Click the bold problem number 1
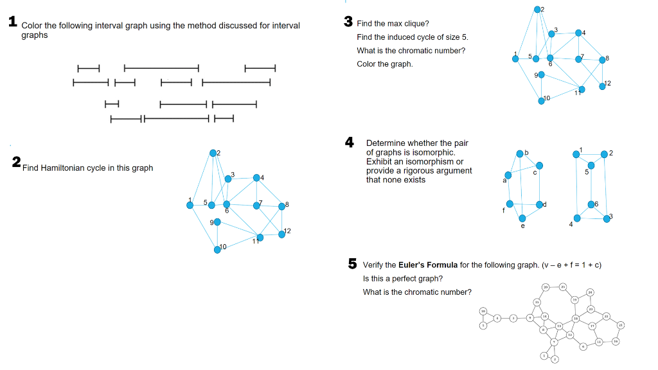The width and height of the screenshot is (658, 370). click(12, 21)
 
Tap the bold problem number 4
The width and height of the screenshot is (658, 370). click(350, 142)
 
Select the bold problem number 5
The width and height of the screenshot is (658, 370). click(352, 263)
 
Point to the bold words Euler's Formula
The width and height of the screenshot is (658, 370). click(428, 265)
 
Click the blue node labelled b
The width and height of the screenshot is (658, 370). click(520, 153)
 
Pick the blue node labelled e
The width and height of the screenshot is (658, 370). click(522, 218)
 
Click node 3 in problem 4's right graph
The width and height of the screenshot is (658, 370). click(607, 218)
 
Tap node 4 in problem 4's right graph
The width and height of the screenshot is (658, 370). click(577, 218)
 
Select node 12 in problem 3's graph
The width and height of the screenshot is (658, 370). click(603, 86)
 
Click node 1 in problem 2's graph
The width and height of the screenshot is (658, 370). click(190, 206)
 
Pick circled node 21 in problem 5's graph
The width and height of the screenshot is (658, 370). click(621, 326)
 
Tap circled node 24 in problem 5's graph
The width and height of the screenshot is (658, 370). click(591, 292)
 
